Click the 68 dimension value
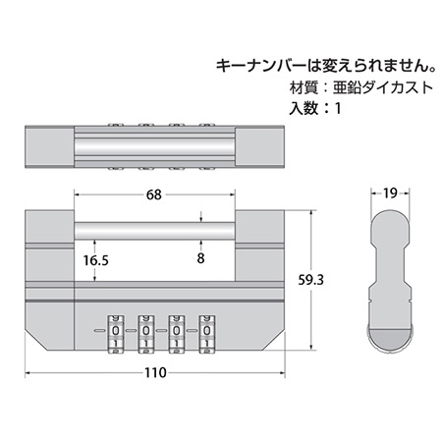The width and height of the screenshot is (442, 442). coord(154,194)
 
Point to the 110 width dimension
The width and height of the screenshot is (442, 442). coord(155,372)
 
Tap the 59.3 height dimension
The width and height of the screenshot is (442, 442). coord(310,280)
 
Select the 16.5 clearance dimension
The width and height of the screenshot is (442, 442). coord(95,260)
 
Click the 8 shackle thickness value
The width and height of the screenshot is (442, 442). coord(200,258)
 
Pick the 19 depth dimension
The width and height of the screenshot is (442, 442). coord(390,193)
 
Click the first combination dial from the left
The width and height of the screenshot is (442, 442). coord(116,334)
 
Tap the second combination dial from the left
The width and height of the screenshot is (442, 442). coord(146,334)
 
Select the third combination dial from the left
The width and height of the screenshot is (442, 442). coord(176,334)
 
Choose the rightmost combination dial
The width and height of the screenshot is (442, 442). coord(206,334)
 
